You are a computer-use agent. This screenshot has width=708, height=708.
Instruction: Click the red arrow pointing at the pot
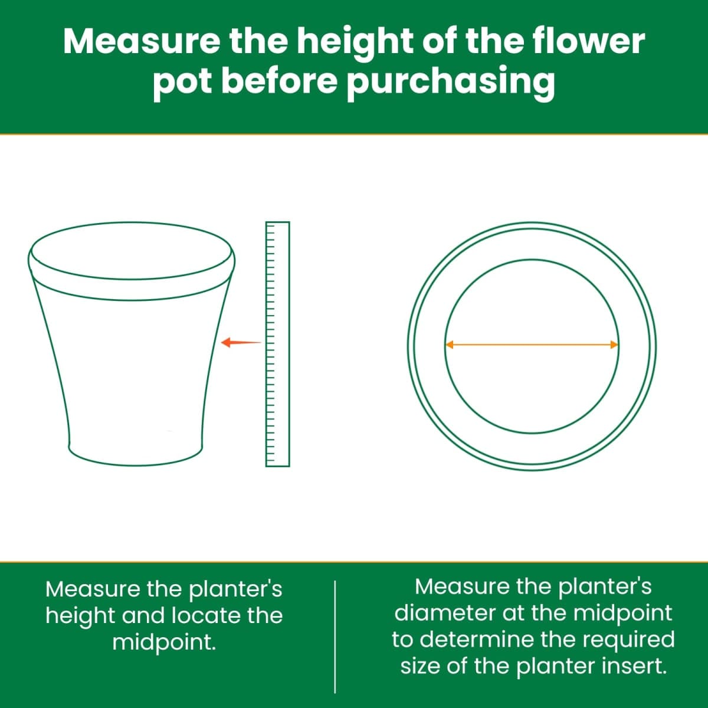(x=241, y=342)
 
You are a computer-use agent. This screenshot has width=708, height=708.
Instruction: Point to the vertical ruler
(x=277, y=344)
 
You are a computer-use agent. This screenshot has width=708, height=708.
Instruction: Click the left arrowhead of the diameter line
(x=450, y=345)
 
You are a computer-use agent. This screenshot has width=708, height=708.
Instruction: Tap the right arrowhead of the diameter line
(x=614, y=345)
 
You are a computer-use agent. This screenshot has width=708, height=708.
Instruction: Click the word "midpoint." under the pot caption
(x=164, y=643)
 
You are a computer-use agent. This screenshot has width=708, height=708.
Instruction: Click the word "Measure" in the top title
(x=142, y=41)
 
